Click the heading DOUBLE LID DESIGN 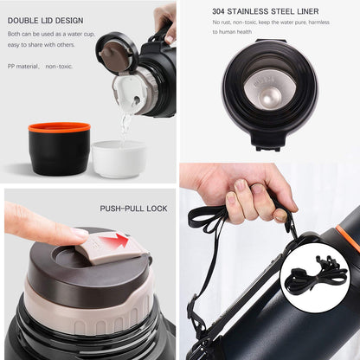click(x=46, y=21)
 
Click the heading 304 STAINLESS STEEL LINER click(x=265, y=12)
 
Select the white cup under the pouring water click(x=119, y=159)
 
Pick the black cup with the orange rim click(x=59, y=149)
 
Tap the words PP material click(x=22, y=65)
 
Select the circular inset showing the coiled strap click(x=315, y=279)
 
